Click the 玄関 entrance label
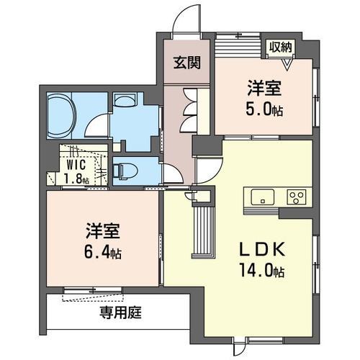pyautogui.click(x=187, y=63)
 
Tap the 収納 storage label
pyautogui.click(x=280, y=47)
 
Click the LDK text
pyautogui.click(x=264, y=250)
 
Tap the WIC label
pyautogui.click(x=76, y=165)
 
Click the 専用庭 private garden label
pyautogui.click(x=120, y=312)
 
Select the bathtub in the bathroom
pyautogui.click(x=62, y=116)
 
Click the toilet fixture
pyautogui.click(x=125, y=171)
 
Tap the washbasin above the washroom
pyautogui.click(x=125, y=100)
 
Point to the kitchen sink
pyautogui.click(x=263, y=197)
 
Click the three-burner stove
pyautogui.click(x=297, y=197)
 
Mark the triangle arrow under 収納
pyautogui.click(x=287, y=64)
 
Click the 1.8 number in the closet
pyautogui.click(x=73, y=178)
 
